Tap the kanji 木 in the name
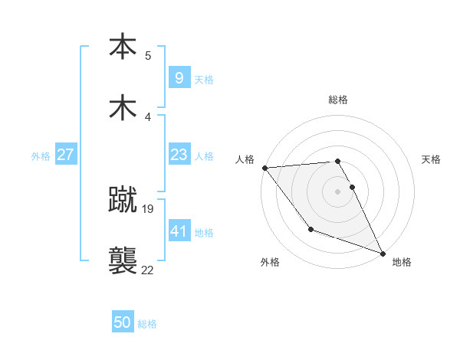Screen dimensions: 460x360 coord(123,107)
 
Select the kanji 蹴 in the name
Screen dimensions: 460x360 coord(123,201)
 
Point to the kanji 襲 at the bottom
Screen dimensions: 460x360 coord(123,260)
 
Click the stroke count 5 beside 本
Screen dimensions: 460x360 coord(148,55)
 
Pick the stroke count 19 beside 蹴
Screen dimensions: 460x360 coord(149,208)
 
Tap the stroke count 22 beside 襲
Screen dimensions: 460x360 coord(147,269)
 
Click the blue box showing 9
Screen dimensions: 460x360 coord(179,77)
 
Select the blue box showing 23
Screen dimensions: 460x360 coord(179,155)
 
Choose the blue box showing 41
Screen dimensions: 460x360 coord(179,231)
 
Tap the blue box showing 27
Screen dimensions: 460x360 coord(65,155)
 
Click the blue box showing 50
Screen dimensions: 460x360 coord(123,322)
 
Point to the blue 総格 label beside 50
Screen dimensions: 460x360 coord(147,324)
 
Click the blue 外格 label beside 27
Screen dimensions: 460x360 coord(41,155)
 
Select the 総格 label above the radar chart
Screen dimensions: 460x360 coord(338,100)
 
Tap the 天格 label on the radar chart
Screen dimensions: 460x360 coord(432,159)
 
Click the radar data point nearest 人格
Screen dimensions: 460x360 coord(264,168)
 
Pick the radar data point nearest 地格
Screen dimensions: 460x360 coord(383,253)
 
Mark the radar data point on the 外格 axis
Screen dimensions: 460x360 coord(310,229)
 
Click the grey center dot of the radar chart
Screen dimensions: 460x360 coord(338,191)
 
